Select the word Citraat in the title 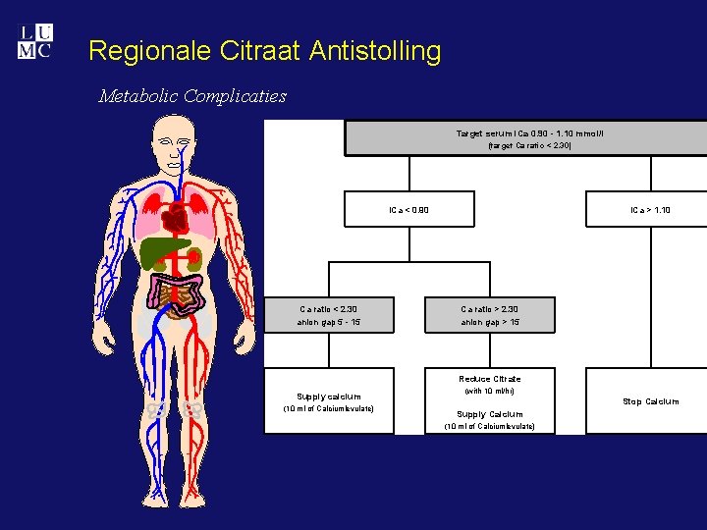pos(253,51)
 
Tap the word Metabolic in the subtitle pos(137,96)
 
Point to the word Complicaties pos(235,96)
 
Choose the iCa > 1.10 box pos(648,209)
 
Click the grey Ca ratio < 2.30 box pos(330,315)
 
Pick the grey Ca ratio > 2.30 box pos(490,315)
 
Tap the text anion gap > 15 pos(490,322)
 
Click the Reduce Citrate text pos(490,378)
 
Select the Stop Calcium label pos(650,401)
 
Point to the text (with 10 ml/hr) pos(490,391)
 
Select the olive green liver pos(162,253)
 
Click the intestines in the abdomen pos(179,295)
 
